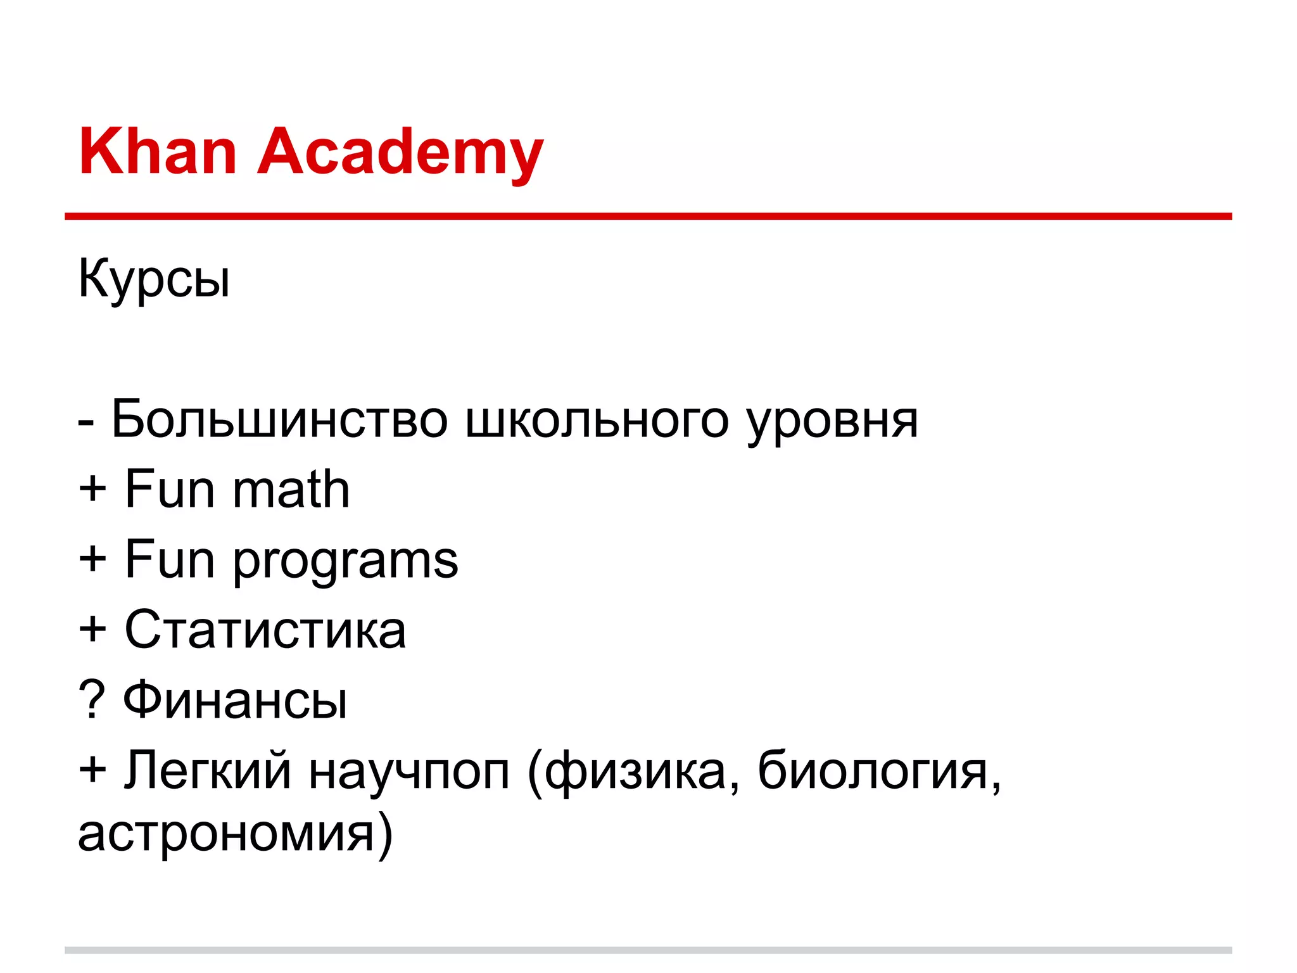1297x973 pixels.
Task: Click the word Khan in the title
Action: click(158, 151)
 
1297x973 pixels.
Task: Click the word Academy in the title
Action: click(400, 151)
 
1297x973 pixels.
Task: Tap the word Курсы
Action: click(154, 279)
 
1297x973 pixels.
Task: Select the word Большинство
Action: click(279, 420)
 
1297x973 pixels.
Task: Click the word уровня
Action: click(832, 420)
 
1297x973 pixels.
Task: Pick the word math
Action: click(291, 490)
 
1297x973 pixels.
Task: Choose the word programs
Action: click(345, 561)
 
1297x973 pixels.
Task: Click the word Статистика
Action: click(265, 630)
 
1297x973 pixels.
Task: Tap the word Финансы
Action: click(235, 701)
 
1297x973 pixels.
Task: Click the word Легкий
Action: click(207, 771)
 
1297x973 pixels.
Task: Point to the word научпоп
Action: click(409, 771)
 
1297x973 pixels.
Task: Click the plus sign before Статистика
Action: click(92, 630)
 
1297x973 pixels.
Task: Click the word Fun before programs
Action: click(170, 559)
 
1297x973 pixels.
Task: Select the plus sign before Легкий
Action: click(92, 770)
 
